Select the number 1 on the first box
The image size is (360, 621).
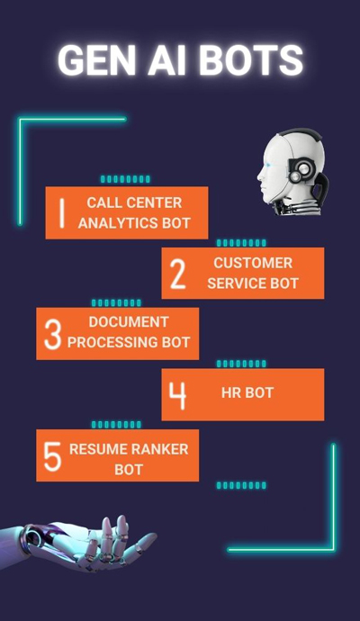[x=61, y=213]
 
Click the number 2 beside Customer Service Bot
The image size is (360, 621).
[x=178, y=274]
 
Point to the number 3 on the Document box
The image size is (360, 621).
[x=53, y=334]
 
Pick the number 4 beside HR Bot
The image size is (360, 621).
[x=177, y=395]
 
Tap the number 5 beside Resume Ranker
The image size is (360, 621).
[x=53, y=456]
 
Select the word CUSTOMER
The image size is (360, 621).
[x=253, y=263]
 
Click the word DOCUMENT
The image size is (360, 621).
[x=129, y=322]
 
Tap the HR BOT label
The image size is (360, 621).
[x=247, y=393]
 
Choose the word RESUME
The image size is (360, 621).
[x=98, y=449]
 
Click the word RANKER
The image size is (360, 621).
[x=159, y=449]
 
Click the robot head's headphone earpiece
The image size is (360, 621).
[x=301, y=170]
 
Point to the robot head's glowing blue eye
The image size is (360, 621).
[x=270, y=166]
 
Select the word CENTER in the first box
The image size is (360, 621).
[x=157, y=202]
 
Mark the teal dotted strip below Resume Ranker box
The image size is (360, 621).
[x=241, y=485]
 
